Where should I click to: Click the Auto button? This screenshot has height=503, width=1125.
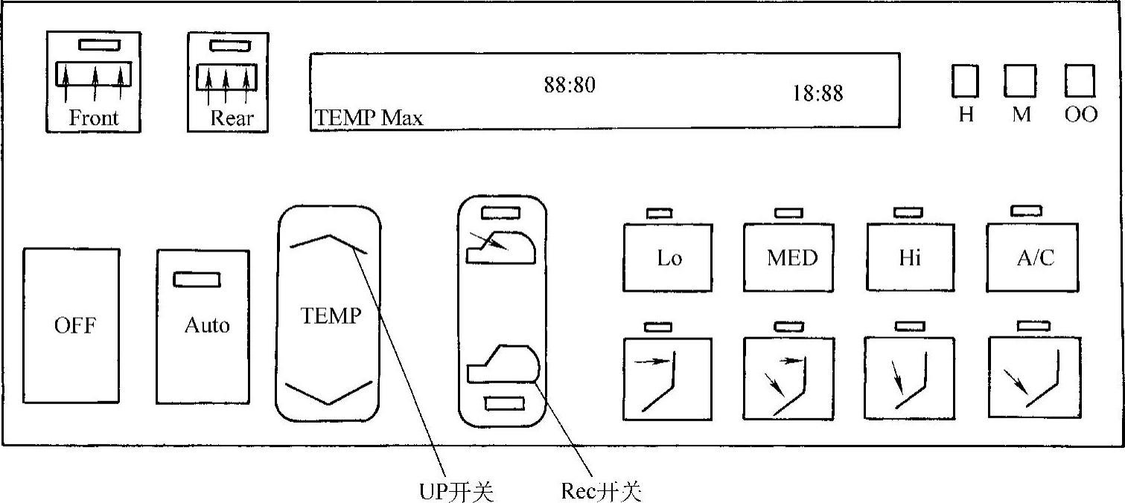coord(203,327)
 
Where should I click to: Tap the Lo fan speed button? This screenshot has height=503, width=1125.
coord(668,258)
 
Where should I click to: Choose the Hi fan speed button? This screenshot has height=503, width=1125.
coord(910,258)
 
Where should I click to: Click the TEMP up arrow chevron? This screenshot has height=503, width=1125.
coord(328,243)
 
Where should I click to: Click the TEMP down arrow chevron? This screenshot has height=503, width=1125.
coord(328,392)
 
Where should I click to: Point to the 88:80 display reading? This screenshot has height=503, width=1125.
coord(570,86)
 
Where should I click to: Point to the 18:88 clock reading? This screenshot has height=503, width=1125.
coord(818,94)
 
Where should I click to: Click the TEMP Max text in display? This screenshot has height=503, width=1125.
coord(369,118)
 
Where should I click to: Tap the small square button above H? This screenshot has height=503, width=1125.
coord(965,81)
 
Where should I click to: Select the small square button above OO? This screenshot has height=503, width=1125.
coord(1080,81)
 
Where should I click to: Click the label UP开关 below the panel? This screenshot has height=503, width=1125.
coord(456,492)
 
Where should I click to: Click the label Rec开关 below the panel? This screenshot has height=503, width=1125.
coord(600,492)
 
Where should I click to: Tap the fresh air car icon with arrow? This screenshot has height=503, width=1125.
coord(500,248)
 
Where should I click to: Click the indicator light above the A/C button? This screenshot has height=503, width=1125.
coord(1027,211)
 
